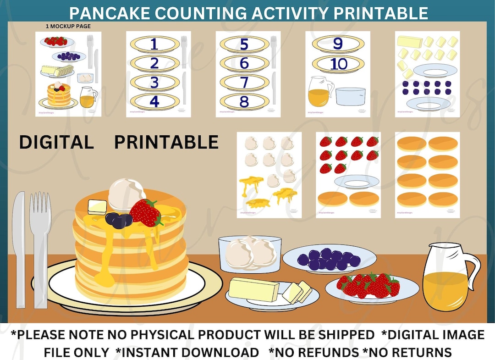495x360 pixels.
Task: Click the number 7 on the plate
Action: [244, 83]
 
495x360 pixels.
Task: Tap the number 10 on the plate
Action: [339, 64]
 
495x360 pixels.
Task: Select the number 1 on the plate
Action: [154, 44]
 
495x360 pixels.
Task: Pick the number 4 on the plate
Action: [154, 102]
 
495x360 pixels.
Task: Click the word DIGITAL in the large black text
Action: [56, 143]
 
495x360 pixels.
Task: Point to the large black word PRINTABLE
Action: [166, 143]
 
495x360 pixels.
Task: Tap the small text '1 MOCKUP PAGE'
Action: [68, 27]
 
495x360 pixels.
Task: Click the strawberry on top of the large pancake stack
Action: [146, 213]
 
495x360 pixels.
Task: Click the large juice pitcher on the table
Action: [447, 277]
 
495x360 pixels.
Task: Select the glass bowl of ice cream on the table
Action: [249, 254]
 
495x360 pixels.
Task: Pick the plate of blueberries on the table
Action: [329, 260]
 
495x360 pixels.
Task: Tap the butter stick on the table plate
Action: [254, 289]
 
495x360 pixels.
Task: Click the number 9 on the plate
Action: [338, 44]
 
